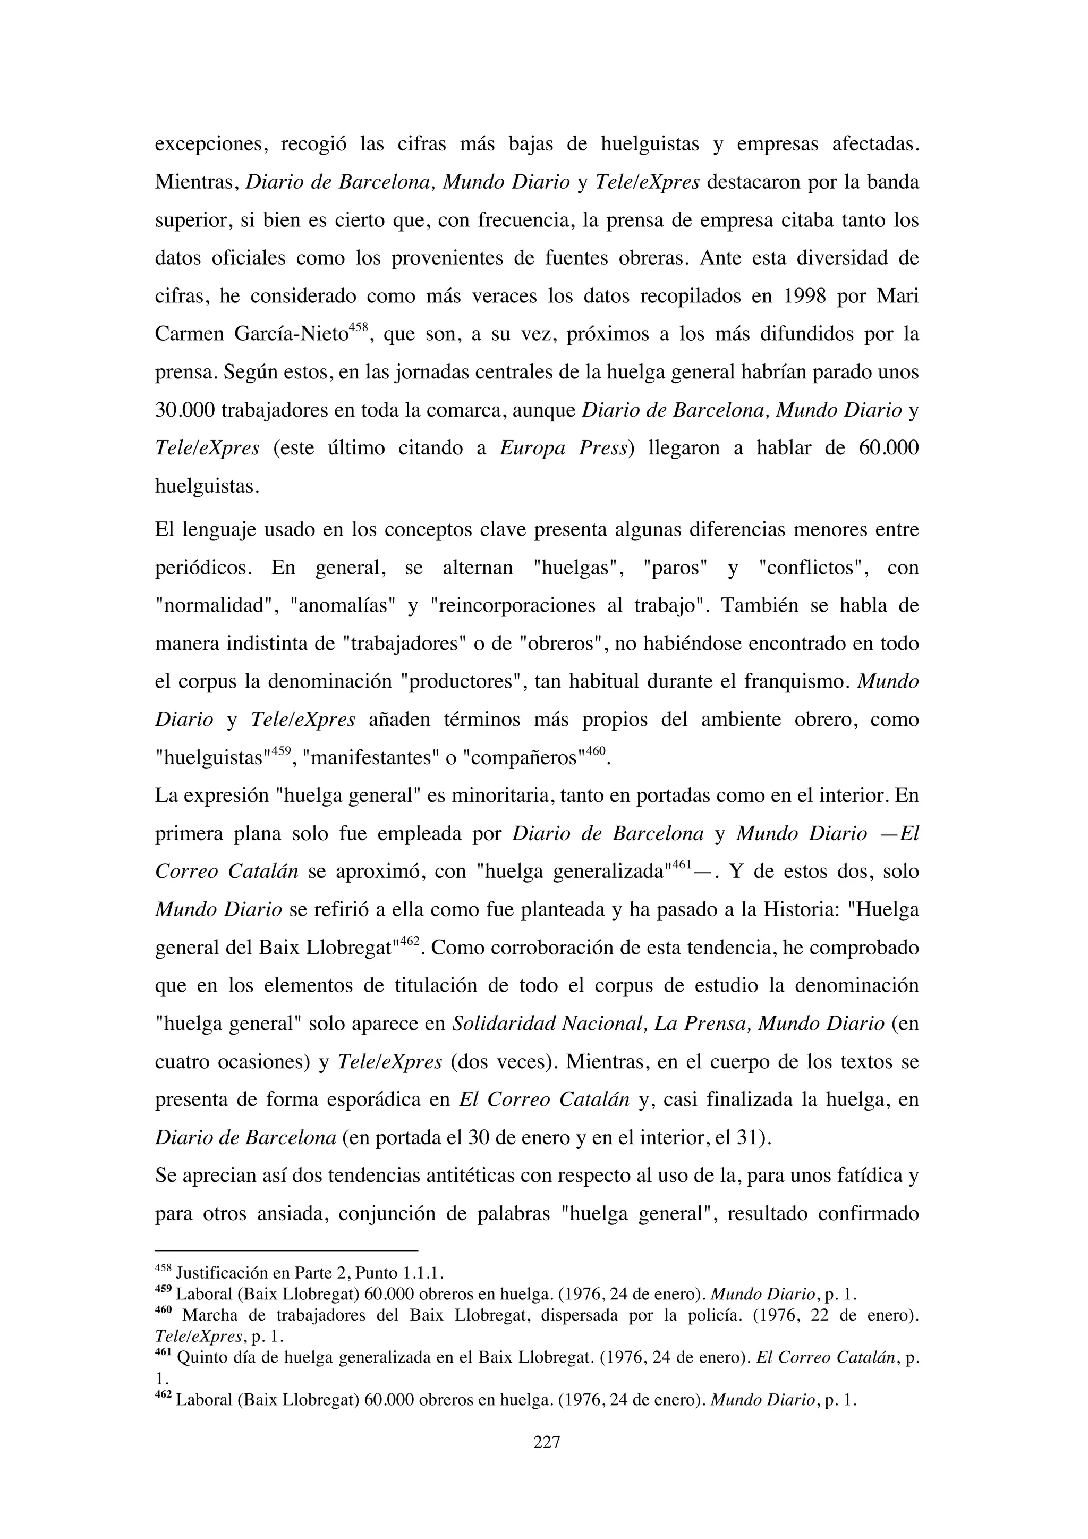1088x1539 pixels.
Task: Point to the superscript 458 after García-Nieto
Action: click(x=359, y=327)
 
